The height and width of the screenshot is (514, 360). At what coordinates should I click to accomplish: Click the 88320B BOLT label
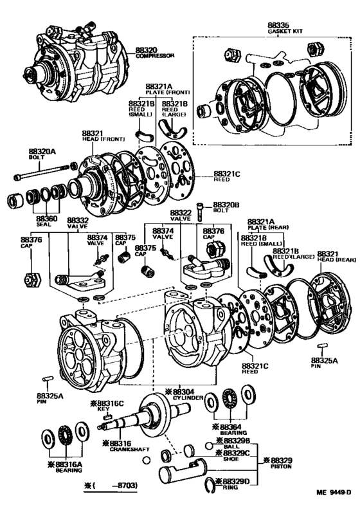pos(226,206)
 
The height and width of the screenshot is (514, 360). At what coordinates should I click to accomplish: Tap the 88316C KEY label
pos(107,406)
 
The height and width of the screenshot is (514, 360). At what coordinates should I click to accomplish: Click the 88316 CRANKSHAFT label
pos(122,445)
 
